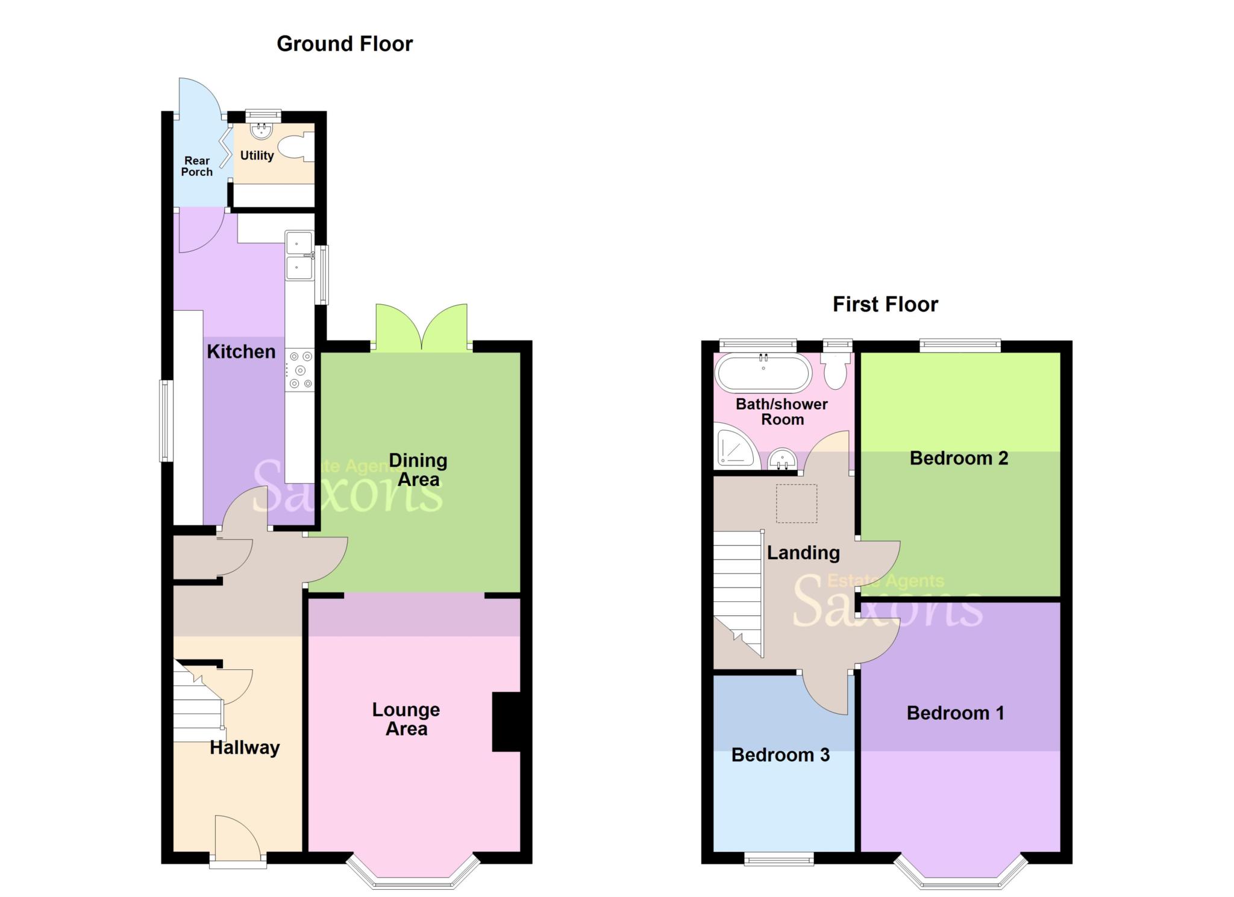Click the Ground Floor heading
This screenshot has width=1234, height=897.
tap(345, 44)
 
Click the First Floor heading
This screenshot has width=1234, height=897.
tap(885, 304)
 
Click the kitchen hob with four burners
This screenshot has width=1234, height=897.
tap(300, 370)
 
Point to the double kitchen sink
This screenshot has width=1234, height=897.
tap(299, 255)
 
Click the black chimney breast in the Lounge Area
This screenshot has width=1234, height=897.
tap(506, 722)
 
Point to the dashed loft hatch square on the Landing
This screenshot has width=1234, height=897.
tap(796, 503)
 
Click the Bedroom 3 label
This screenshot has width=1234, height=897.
tap(780, 755)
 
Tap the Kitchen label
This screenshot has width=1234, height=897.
tap(241, 352)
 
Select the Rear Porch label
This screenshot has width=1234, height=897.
tap(197, 166)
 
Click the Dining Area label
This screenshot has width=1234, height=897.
tap(418, 470)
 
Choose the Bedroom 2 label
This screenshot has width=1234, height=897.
tap(959, 458)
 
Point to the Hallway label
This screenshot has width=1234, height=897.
tap(245, 748)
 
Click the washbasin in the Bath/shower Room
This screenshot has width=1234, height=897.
tap(783, 460)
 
